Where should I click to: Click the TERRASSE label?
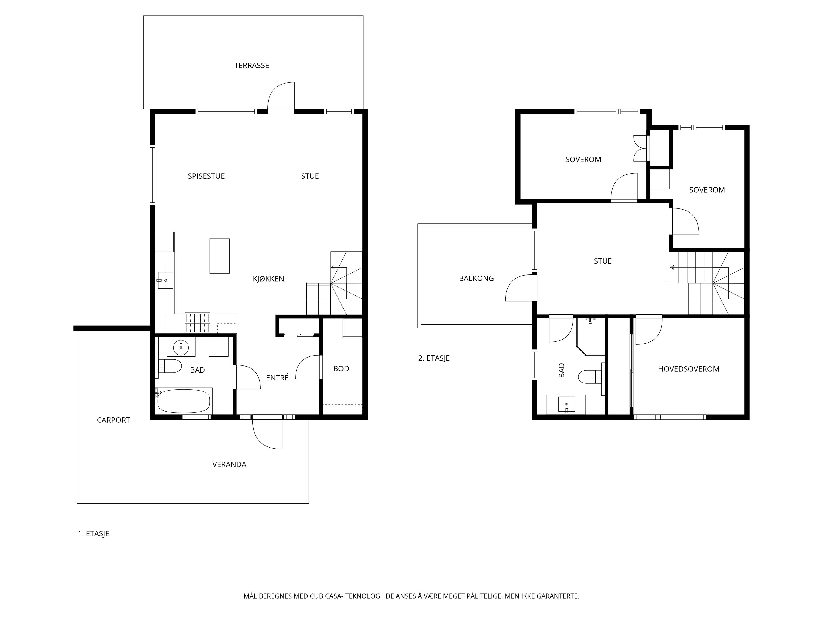pos(252,66)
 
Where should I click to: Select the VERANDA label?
pos(229,464)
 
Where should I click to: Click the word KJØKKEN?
pos(268,279)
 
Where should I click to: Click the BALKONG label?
pos(476,278)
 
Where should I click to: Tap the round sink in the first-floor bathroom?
pos(181,348)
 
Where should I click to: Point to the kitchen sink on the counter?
pos(165,280)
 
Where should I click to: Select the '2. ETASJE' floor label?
pos(434,358)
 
